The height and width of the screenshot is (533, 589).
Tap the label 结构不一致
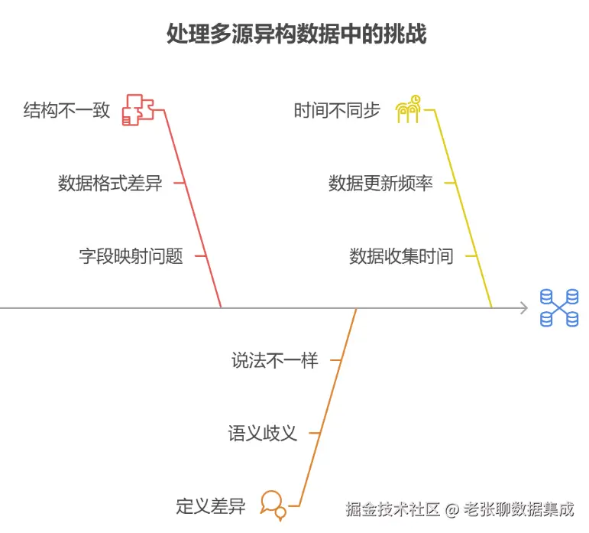66,111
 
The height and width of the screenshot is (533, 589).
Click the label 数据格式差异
110,184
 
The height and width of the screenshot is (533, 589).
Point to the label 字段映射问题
131,256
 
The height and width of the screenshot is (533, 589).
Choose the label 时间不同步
337,111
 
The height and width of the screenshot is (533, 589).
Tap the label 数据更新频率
380,184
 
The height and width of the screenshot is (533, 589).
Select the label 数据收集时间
401,256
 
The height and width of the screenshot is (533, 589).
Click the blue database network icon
559,307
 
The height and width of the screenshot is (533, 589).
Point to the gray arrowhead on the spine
523,307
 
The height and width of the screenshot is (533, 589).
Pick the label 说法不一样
274,360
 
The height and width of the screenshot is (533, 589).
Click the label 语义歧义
262,434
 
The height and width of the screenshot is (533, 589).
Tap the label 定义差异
210,506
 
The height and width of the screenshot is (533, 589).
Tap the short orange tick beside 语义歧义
312,434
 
